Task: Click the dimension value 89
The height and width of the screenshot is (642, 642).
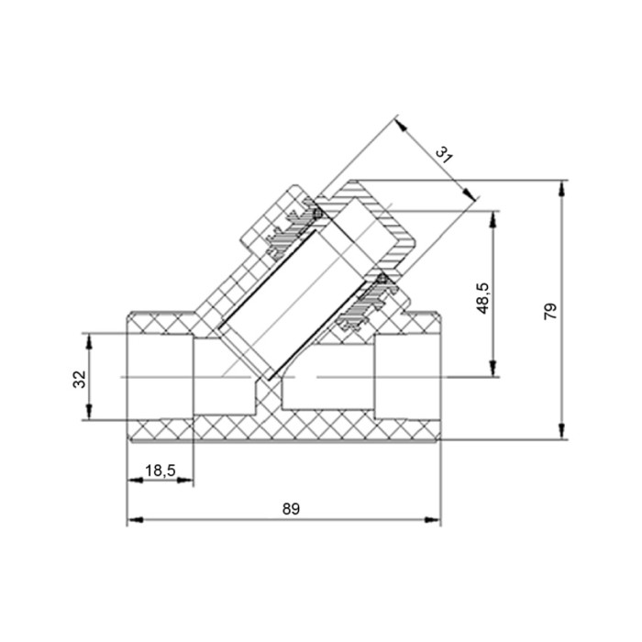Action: point(291,509)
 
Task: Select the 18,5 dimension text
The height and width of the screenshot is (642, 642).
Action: point(160,470)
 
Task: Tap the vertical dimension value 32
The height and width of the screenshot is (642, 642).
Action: point(80,379)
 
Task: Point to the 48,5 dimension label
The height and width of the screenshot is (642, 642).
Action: point(483,298)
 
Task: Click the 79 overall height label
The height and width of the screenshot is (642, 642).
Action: point(550,312)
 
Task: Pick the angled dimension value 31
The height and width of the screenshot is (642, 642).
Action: point(444,155)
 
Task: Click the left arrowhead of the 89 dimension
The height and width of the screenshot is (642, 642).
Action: point(135,520)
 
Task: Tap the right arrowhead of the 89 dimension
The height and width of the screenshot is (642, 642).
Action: point(433,520)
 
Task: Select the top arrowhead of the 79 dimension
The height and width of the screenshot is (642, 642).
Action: point(561,189)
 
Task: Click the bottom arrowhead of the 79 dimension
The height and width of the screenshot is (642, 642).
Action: point(561,431)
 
